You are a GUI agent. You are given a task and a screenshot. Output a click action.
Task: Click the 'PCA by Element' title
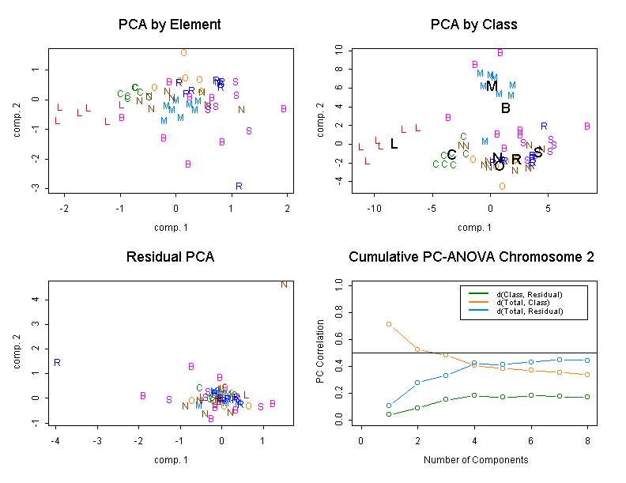coord(169,25)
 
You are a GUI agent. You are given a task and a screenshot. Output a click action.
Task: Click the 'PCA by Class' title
coord(473,25)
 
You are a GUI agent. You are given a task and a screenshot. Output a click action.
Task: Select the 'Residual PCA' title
coord(169,257)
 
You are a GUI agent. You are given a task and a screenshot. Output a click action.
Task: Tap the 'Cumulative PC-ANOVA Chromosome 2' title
coord(471,257)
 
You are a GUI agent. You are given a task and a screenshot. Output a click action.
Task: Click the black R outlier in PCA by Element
coord(239,187)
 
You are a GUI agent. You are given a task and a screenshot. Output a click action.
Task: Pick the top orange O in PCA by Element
coord(183,53)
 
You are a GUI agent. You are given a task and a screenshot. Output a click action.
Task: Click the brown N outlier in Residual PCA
coord(284,285)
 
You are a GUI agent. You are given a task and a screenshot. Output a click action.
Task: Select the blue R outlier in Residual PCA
coord(57,363)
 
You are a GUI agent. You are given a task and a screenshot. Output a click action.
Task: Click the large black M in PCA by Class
coord(492,86)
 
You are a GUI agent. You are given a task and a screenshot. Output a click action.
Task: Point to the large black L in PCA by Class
coord(394,144)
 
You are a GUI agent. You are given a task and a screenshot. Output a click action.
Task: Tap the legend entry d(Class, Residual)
coord(529,294)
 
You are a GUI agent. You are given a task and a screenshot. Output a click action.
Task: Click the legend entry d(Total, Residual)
coord(529,311)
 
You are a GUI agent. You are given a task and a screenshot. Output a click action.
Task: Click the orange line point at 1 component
coord(388,324)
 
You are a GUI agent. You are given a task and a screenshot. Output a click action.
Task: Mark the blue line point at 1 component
coord(388,406)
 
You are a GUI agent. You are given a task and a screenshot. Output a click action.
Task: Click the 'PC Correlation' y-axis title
coord(320,352)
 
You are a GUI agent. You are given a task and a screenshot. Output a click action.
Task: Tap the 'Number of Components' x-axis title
coord(475,459)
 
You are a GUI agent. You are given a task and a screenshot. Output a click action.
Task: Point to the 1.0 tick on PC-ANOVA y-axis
coord(339,282)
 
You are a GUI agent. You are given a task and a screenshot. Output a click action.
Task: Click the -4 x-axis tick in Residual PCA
coord(55,437)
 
